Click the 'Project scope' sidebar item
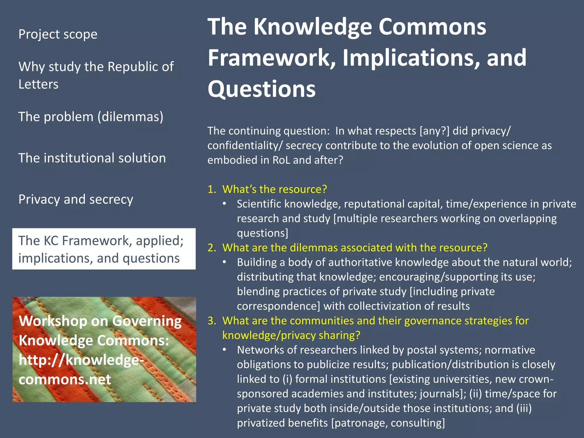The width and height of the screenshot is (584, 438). click(x=58, y=34)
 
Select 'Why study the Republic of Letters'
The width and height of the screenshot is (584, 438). click(x=96, y=75)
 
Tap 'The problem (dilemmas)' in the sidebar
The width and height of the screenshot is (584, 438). click(x=91, y=117)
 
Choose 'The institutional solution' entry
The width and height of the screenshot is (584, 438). click(x=92, y=158)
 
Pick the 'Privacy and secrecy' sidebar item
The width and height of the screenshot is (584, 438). click(x=76, y=199)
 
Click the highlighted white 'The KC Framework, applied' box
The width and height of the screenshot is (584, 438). click(x=104, y=249)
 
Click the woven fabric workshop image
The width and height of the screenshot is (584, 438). click(x=104, y=349)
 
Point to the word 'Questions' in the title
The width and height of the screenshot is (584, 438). click(x=261, y=89)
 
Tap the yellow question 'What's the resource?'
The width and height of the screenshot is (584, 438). click(x=274, y=189)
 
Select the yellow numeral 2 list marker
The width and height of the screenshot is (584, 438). click(x=212, y=248)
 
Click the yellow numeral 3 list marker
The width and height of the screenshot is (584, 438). click(x=212, y=321)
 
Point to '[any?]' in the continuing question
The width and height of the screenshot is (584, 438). click(x=434, y=131)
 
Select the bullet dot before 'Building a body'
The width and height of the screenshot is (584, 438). click(x=225, y=262)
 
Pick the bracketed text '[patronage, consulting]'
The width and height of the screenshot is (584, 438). click(x=388, y=423)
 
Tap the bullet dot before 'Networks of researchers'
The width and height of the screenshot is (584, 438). click(x=225, y=350)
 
